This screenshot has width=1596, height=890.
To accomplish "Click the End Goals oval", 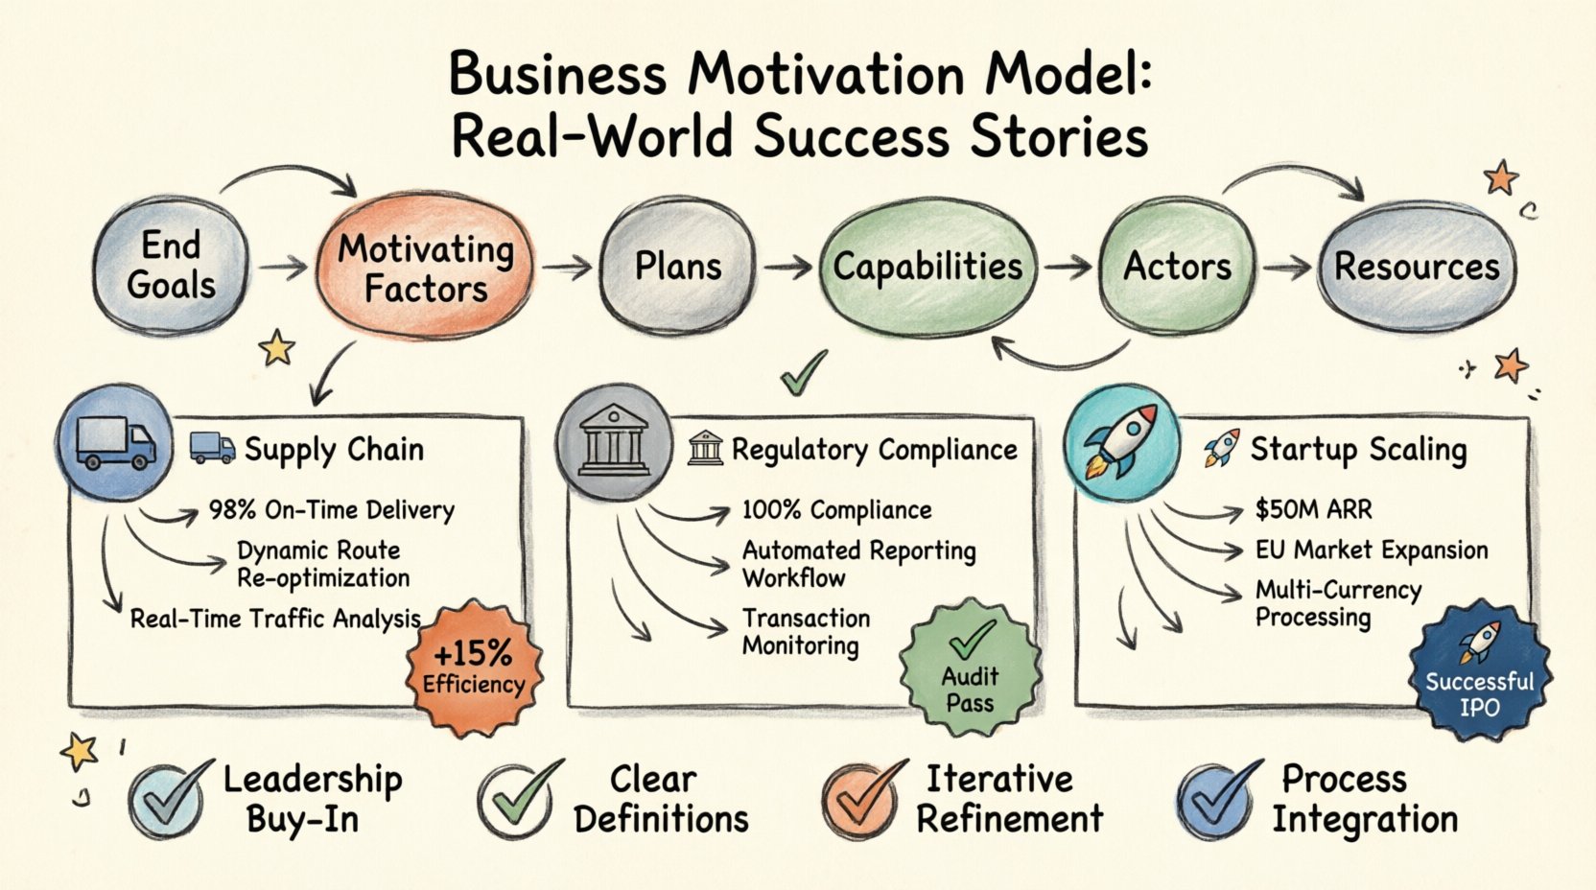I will click(x=171, y=266).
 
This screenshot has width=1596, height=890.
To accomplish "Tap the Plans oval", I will click(x=677, y=266).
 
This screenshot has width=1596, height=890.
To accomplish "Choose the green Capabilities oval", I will click(x=927, y=267).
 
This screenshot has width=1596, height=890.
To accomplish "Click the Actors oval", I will click(x=1177, y=266).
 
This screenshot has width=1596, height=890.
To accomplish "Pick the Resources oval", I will click(x=1416, y=266).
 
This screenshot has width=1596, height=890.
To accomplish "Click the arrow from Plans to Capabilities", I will click(x=787, y=267).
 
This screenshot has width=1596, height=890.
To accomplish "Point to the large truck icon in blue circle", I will click(x=115, y=443).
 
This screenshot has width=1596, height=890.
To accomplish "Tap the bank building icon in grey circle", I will click(x=614, y=442).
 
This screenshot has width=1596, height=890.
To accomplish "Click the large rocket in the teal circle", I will click(x=1122, y=441).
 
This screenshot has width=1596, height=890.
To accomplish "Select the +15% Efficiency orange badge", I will click(x=474, y=667).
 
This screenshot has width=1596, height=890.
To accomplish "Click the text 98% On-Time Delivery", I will click(x=331, y=510).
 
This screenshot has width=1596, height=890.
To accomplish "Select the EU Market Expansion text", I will click(x=1372, y=550).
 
